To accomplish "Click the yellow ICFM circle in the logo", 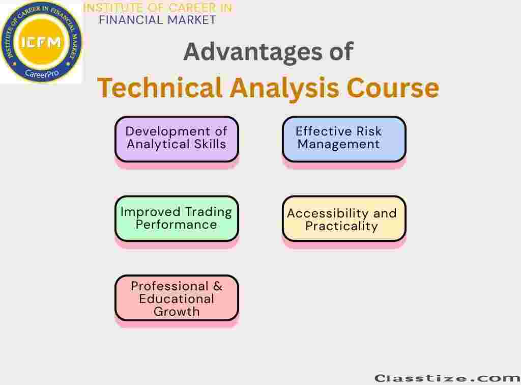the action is [x=41, y=42].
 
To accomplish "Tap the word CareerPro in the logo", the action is [x=42, y=73].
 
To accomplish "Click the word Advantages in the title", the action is [x=253, y=52].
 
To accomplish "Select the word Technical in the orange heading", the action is [x=159, y=88].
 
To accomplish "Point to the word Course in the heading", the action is [x=393, y=88].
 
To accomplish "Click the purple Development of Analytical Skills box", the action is [x=177, y=140].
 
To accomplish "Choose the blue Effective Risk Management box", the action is [x=344, y=140].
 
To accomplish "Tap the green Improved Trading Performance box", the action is [x=177, y=218].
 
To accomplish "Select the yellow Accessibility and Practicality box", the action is [x=344, y=218].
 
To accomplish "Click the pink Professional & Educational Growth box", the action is [x=177, y=298].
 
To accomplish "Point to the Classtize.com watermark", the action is [x=447, y=378].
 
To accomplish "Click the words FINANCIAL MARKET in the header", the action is [x=158, y=20].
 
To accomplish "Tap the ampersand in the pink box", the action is [x=218, y=286].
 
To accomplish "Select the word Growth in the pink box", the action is [x=177, y=312].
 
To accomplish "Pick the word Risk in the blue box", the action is [x=369, y=131].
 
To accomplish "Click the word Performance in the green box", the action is [x=176, y=225].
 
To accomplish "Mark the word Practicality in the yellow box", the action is [x=341, y=227].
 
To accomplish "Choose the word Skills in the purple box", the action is [x=210, y=144].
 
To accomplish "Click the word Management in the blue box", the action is [x=338, y=145].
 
